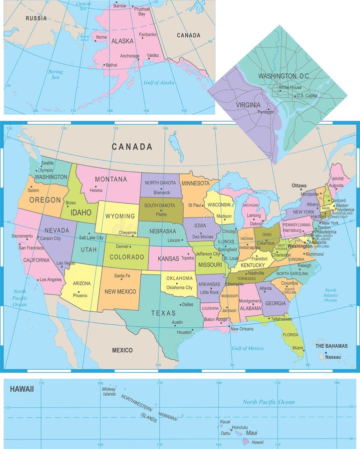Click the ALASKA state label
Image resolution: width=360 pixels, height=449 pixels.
coord(122,41)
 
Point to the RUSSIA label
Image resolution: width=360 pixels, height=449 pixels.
coord(36,18)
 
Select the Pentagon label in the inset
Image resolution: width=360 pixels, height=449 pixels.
coord(266,112)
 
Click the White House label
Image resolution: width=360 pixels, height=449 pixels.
coord(290,87)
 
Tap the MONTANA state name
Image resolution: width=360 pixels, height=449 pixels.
coord(111,179)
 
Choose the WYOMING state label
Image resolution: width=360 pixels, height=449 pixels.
coord(120,216)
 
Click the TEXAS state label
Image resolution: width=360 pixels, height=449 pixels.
coord(164,313)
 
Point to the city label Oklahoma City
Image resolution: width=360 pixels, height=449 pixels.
coord(179,287)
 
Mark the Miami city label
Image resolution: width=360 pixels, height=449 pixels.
coord(298,348)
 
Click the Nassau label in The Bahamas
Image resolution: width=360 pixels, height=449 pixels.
coord(333,357)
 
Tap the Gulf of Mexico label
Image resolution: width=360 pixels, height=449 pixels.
coord(247,348)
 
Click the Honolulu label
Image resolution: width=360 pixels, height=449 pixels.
coord(240,428)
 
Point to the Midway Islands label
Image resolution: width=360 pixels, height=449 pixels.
coord(109,391)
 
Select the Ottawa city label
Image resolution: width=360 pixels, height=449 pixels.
coord(299,186)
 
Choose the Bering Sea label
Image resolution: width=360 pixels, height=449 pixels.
coord(55,74)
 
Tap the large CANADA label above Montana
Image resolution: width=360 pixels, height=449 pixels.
coord(132,147)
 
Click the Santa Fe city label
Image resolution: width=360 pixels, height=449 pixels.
coord(122,276)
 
